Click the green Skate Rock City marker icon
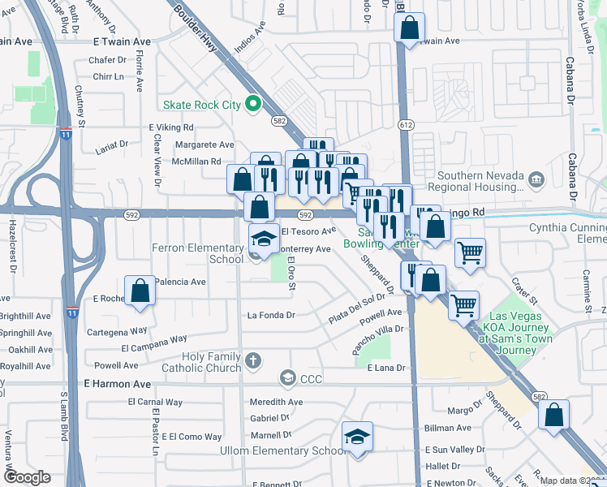pyautogui.click(x=252, y=104)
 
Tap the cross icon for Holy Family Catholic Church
pyautogui.click(x=253, y=360)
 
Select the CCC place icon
pyautogui.click(x=286, y=377)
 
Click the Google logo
pyautogui.click(x=27, y=477)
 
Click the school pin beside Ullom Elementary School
pyautogui.click(x=357, y=437)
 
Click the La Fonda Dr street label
pyautogui.click(x=271, y=315)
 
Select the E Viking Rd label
pyautogui.click(x=171, y=127)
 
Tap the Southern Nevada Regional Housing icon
pyautogui.click(x=536, y=179)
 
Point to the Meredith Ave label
pyautogui.click(x=276, y=402)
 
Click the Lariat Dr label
pyautogui.click(x=111, y=144)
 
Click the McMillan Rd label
pyautogui.click(x=196, y=162)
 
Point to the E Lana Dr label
pyautogui.click(x=386, y=368)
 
